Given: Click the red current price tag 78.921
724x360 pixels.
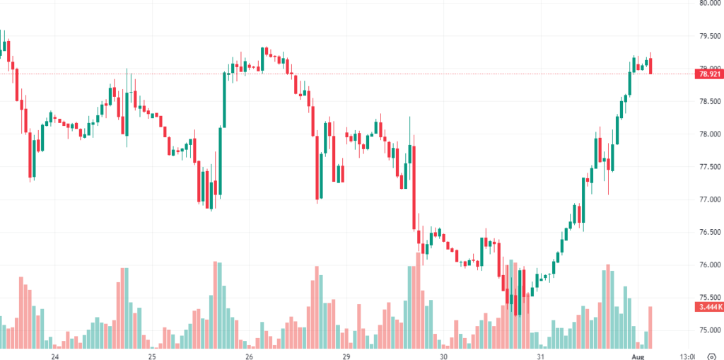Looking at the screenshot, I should (x=708, y=74).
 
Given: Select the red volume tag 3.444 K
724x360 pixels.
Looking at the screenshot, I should (x=708, y=308).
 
